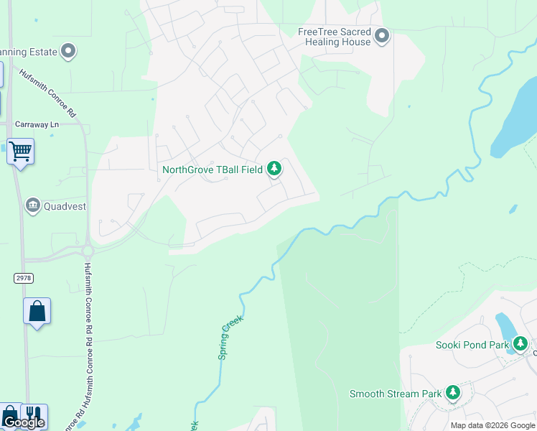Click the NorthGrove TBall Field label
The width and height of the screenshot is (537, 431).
(x=213, y=170)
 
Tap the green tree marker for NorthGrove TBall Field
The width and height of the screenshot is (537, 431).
(x=274, y=169)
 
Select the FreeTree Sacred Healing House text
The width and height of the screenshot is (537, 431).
(x=335, y=37)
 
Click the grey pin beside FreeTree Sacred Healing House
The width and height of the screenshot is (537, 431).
(x=382, y=35)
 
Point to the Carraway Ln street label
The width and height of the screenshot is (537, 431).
(x=37, y=124)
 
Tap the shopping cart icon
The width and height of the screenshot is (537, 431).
(x=21, y=152)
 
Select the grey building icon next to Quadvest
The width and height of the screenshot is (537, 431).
(x=33, y=206)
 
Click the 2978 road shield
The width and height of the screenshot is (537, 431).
(x=23, y=277)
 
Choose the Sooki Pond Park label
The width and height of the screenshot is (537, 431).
(x=472, y=345)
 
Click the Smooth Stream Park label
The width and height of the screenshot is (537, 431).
(x=395, y=394)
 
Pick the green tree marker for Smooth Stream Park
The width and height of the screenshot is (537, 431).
(x=452, y=392)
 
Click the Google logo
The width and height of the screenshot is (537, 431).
(x=23, y=422)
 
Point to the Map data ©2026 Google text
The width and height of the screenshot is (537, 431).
(x=492, y=425)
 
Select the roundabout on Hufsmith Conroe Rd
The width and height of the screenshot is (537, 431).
(x=88, y=251)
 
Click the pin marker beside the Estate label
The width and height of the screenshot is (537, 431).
(x=68, y=51)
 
